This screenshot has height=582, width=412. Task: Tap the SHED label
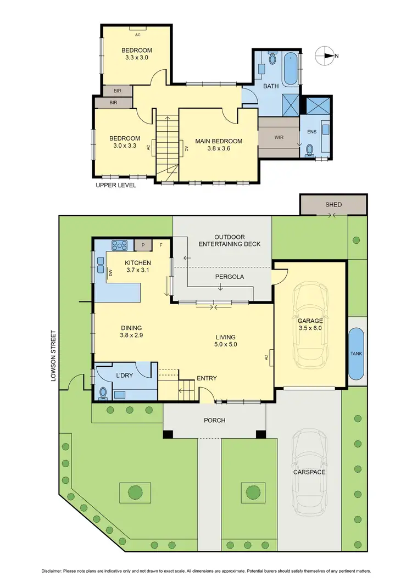tap(333, 205)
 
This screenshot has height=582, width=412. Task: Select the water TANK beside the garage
tap(356, 355)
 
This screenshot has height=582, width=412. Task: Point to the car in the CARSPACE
tap(310, 472)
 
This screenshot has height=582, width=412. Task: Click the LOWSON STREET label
tap(53, 356)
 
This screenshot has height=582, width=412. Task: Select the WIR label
tap(279, 137)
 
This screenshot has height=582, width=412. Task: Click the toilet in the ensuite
tap(311, 149)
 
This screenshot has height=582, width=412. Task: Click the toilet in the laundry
tap(103, 393)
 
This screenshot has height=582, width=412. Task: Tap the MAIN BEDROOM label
tap(219, 141)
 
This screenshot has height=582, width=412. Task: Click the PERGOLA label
tap(229, 277)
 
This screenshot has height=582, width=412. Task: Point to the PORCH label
tap(215, 421)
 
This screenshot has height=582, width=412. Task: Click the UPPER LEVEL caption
tap(116, 185)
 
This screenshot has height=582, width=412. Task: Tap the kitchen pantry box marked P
tap(142, 245)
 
